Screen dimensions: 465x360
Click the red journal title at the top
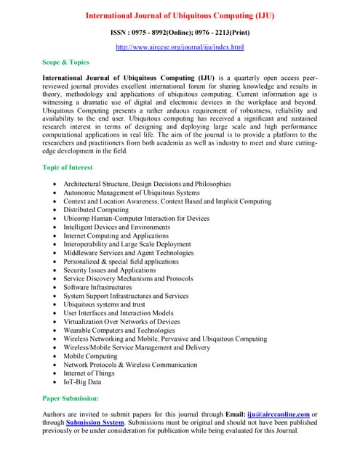180,15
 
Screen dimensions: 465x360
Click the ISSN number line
180,33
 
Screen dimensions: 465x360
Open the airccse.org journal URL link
180,47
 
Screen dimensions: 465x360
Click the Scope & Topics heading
65,62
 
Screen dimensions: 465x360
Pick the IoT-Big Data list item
83,381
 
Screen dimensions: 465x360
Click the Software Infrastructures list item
102,287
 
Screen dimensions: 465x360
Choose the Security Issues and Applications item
110,270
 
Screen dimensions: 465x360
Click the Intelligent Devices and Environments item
116,227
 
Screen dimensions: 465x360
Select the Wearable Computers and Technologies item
119,330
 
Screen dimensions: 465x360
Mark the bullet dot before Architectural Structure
55,185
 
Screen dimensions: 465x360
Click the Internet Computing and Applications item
116,236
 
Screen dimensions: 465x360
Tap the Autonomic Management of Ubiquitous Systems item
132,193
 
